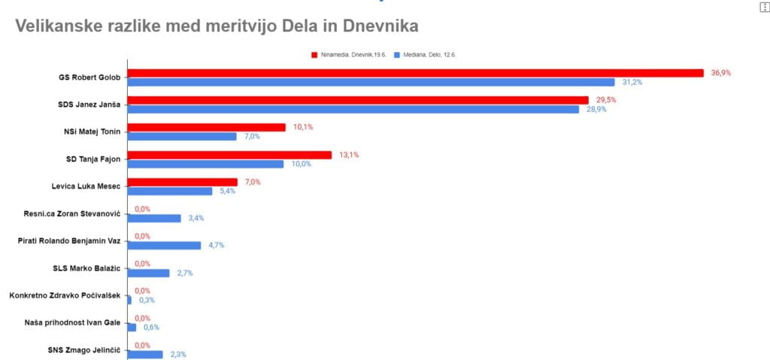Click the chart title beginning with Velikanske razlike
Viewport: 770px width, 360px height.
[217, 26]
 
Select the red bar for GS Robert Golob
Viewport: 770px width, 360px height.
[416, 73]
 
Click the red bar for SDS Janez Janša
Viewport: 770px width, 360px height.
[359, 100]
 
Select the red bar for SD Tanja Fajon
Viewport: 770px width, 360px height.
[230, 155]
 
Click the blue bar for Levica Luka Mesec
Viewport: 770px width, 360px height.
[171, 191]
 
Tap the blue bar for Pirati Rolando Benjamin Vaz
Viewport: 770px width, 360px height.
[165, 245]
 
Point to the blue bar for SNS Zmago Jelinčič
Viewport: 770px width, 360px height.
[146, 354]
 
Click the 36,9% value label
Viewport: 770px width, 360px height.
[721, 73]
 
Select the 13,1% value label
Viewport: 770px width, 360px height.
[349, 155]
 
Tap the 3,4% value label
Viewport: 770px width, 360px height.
[196, 218]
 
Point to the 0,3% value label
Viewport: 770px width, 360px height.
[147, 300]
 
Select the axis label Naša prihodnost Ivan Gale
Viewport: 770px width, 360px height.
[72, 322]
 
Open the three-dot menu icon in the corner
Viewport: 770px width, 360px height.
[765, 6]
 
